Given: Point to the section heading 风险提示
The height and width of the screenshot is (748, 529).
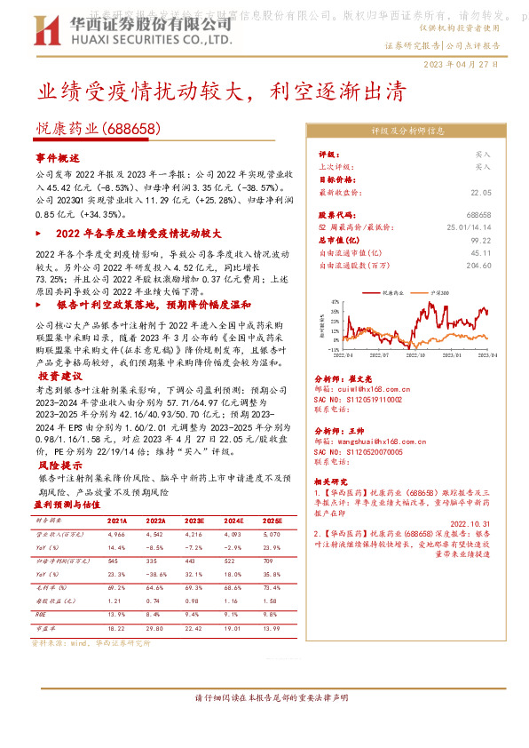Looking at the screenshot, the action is click(55, 465).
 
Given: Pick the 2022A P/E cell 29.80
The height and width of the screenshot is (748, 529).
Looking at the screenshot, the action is click(156, 627).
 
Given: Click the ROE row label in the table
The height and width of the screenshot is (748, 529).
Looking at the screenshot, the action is click(39, 614).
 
